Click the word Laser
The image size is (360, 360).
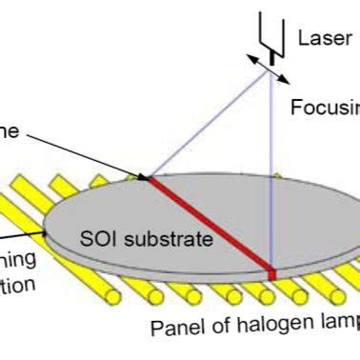pos(319,37)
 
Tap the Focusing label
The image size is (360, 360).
pos(325,107)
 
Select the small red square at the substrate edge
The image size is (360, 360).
pos(271,275)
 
